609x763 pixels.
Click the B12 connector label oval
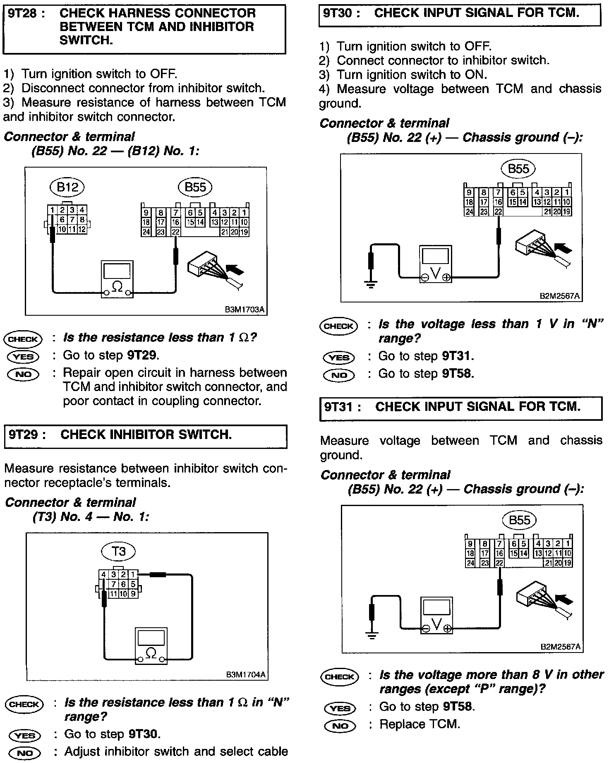click(67, 187)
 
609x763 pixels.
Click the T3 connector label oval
click(119, 551)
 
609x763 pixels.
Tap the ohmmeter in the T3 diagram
click(151, 646)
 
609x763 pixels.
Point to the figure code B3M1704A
click(245, 675)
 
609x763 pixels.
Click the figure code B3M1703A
click(245, 309)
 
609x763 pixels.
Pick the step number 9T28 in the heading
click(24, 13)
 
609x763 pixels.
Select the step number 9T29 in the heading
click(25, 434)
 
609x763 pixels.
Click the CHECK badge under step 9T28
click(23, 339)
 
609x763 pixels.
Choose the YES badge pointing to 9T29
click(23, 356)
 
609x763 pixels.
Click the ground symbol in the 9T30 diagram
click(370, 284)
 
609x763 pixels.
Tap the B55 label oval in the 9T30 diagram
click(518, 168)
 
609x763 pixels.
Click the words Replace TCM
click(420, 725)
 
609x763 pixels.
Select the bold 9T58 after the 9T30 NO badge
click(457, 374)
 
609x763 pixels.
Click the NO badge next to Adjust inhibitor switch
click(24, 753)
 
